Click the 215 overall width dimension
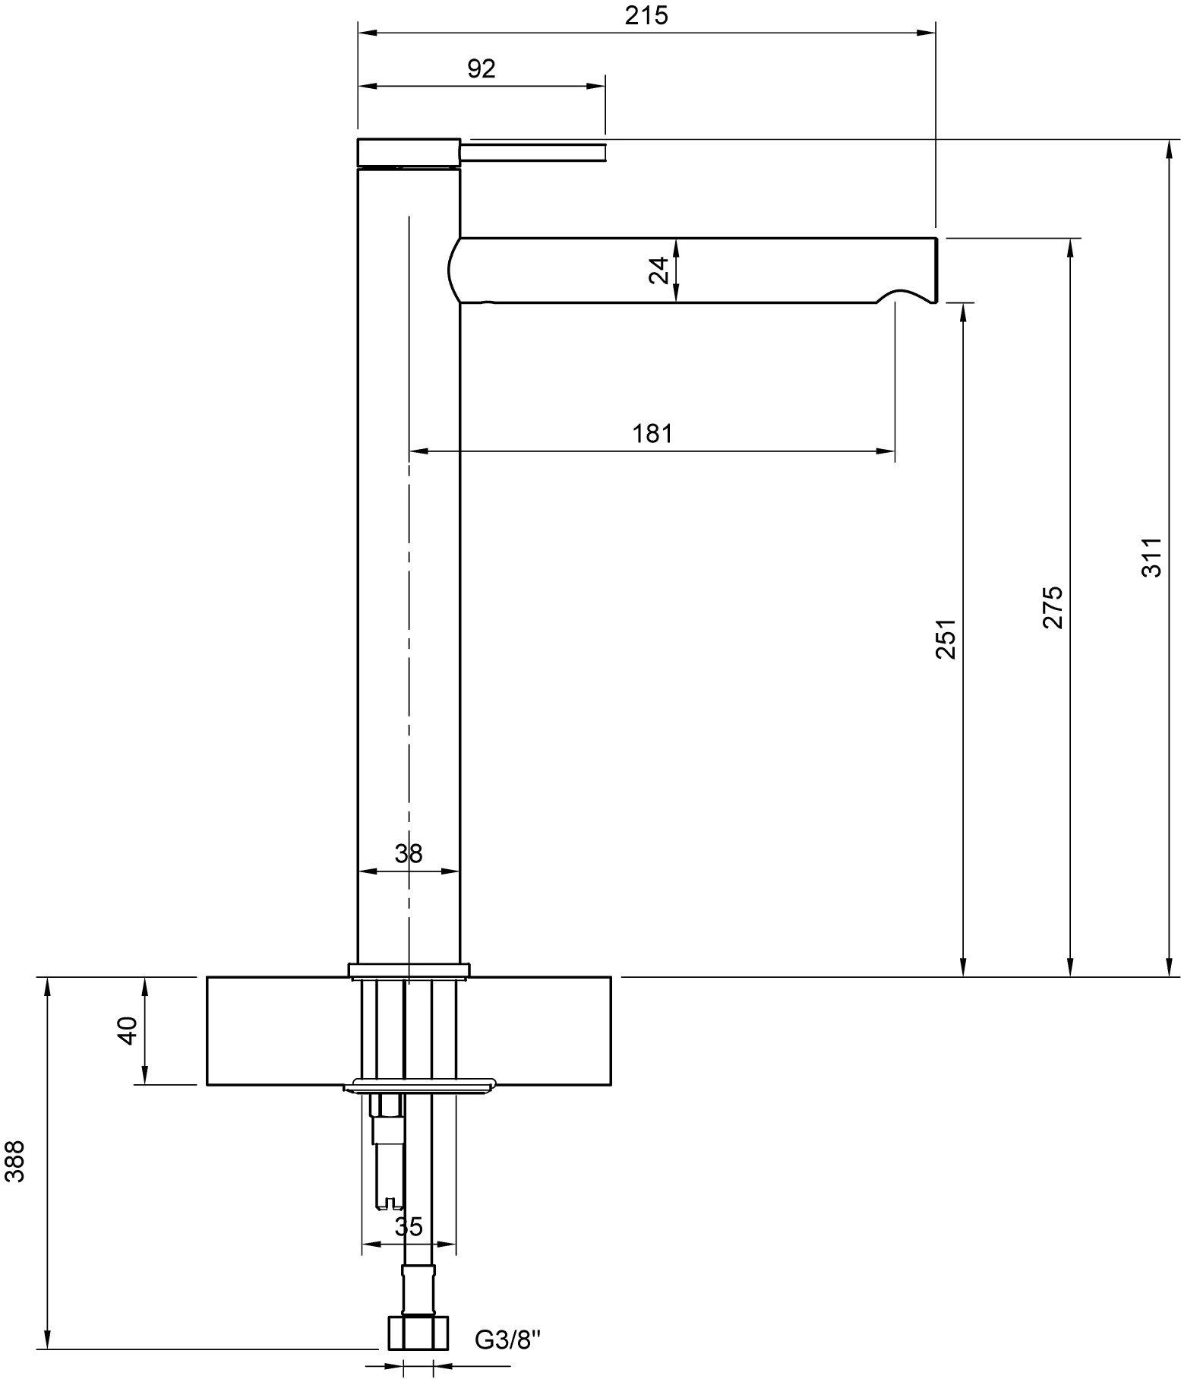(646, 15)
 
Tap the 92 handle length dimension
(482, 69)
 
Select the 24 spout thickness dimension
(659, 270)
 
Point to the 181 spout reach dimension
(652, 434)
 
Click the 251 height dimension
(946, 638)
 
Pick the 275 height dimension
(1053, 607)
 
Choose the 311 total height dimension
(1151, 557)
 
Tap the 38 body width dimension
(409, 853)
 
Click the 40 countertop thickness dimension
(128, 1030)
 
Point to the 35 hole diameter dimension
(409, 1226)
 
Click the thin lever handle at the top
(534, 150)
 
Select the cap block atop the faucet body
(409, 152)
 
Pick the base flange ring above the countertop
(409, 970)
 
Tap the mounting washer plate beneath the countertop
(420, 1086)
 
